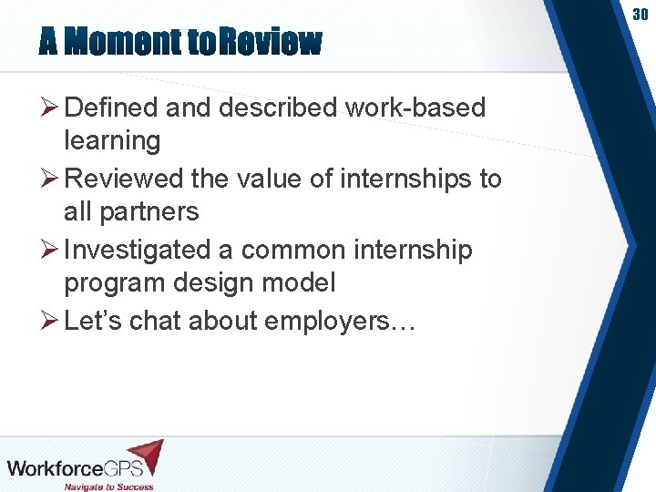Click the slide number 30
(641, 15)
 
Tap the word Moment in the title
(122, 41)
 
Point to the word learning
(112, 141)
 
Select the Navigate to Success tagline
(108, 486)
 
